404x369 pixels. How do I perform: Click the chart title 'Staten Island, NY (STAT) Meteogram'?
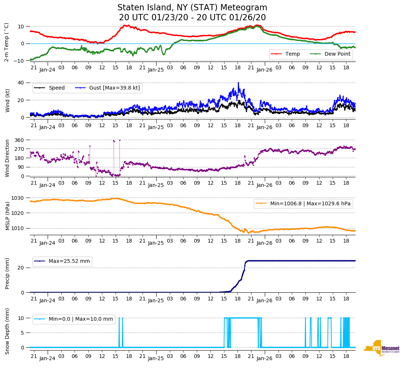pos(192,8)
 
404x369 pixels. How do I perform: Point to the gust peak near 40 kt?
pos(238,83)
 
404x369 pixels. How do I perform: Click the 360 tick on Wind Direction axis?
pos(20,140)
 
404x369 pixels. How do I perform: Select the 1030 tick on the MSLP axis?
pos(18,198)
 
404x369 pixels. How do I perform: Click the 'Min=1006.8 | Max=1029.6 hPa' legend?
pos(303,204)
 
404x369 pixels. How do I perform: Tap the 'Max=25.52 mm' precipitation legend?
pos(62,261)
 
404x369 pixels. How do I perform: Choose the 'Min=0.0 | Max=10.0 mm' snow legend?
pos(74,319)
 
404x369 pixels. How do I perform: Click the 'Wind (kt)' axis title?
pos(7,100)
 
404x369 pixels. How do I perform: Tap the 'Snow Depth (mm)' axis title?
pos(7,331)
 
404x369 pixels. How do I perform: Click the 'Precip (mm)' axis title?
pos(7,273)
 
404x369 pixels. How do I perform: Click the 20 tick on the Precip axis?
pos(21,268)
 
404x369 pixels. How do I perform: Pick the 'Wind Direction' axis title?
pos(7,158)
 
